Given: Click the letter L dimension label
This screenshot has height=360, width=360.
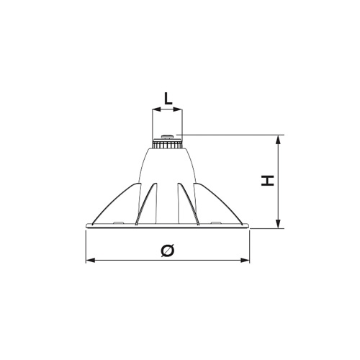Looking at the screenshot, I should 168,99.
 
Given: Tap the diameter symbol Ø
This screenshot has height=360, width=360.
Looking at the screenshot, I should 168,250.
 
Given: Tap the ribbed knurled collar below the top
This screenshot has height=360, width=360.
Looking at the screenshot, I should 168,144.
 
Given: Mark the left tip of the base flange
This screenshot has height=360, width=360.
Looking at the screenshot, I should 87,227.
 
